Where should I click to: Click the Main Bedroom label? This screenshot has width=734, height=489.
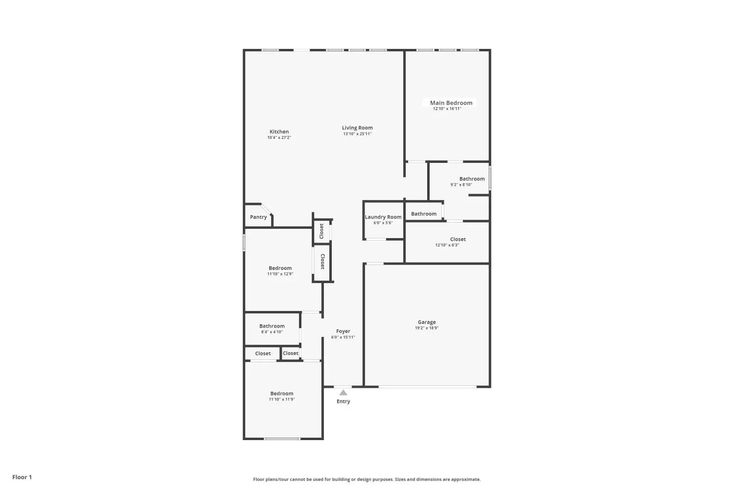[451, 103]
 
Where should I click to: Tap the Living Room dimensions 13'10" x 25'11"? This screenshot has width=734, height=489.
[357, 134]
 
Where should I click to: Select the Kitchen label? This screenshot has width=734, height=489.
[279, 132]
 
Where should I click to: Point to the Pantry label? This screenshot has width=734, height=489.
[258, 217]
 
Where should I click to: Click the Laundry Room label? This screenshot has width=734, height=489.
[383, 217]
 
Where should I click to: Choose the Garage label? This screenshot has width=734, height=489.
[427, 322]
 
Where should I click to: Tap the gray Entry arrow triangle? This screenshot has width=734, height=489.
[343, 392]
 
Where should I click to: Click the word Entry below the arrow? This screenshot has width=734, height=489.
[343, 401]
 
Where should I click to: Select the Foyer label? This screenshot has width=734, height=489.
[343, 332]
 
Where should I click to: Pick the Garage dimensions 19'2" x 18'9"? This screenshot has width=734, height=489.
[427, 328]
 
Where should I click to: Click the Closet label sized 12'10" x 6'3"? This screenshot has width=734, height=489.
[458, 240]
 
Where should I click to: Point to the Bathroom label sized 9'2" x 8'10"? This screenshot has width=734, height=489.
[472, 179]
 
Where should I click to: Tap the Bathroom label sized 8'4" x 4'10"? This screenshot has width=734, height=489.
[272, 326]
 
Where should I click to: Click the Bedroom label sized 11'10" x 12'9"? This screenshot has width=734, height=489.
[280, 268]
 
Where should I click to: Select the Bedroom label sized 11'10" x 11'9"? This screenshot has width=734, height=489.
[282, 394]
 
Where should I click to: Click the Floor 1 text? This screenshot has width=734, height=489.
[23, 477]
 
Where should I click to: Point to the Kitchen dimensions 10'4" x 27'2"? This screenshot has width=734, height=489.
[279, 137]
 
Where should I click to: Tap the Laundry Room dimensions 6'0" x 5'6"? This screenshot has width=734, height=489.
[383, 223]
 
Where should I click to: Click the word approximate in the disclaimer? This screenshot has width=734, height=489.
[466, 480]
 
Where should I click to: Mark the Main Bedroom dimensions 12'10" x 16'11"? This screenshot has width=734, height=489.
[447, 109]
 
